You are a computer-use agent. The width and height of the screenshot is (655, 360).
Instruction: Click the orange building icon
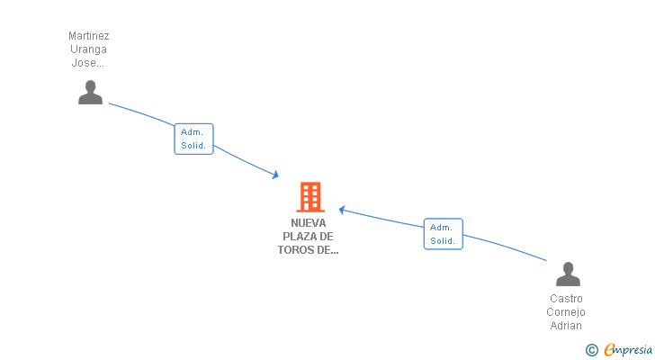coord(310,196)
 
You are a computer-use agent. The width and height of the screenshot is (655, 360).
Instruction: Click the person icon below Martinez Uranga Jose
coord(90,93)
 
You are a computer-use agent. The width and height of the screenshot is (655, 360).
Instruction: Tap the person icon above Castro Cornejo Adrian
coord(568,274)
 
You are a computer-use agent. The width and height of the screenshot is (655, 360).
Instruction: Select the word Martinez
coord(89,36)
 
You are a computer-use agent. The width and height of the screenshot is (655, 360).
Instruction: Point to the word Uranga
coord(89,49)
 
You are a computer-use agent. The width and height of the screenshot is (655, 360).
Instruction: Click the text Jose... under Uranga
coord(89,63)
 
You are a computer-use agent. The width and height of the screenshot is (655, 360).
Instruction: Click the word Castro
coord(566,299)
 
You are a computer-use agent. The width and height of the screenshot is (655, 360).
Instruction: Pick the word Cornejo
coord(566,312)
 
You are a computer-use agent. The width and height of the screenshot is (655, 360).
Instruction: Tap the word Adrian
coord(566,326)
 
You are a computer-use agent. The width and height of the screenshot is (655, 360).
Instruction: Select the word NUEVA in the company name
coord(309,222)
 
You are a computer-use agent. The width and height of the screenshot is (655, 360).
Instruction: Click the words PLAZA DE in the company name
coord(309,237)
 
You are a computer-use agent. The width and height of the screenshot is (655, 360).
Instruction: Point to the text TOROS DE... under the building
coord(309,250)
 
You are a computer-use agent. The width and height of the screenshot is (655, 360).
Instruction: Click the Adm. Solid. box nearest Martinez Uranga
coord(193,139)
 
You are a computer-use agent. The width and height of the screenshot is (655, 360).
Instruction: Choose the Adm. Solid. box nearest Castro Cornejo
coord(443,234)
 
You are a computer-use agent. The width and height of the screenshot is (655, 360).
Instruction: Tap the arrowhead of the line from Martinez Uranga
coord(276,175)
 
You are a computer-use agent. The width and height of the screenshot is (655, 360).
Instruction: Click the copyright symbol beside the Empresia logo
coord(591,350)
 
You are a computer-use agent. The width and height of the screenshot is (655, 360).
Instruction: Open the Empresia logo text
coord(628,350)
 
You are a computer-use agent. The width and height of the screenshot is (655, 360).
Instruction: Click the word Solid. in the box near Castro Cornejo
coord(443,241)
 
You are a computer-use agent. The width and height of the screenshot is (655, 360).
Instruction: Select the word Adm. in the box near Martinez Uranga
coord(192,131)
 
